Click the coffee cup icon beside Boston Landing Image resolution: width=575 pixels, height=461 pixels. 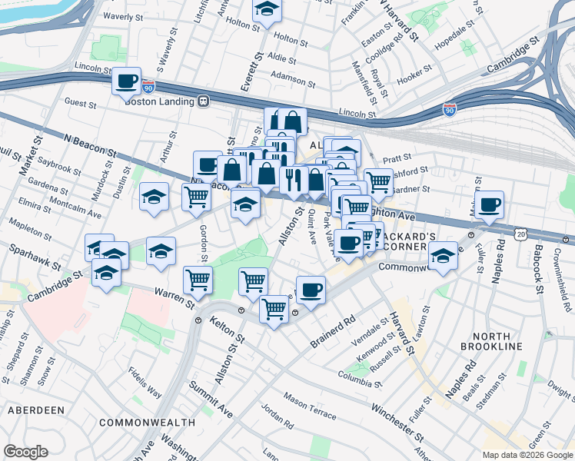click(127, 80)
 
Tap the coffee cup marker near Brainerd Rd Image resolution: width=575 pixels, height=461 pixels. click(310, 290)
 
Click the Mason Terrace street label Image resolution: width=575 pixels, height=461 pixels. click(310, 406)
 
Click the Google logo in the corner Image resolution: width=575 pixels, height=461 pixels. click(26, 452)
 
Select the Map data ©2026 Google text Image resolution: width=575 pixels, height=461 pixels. click(527, 455)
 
